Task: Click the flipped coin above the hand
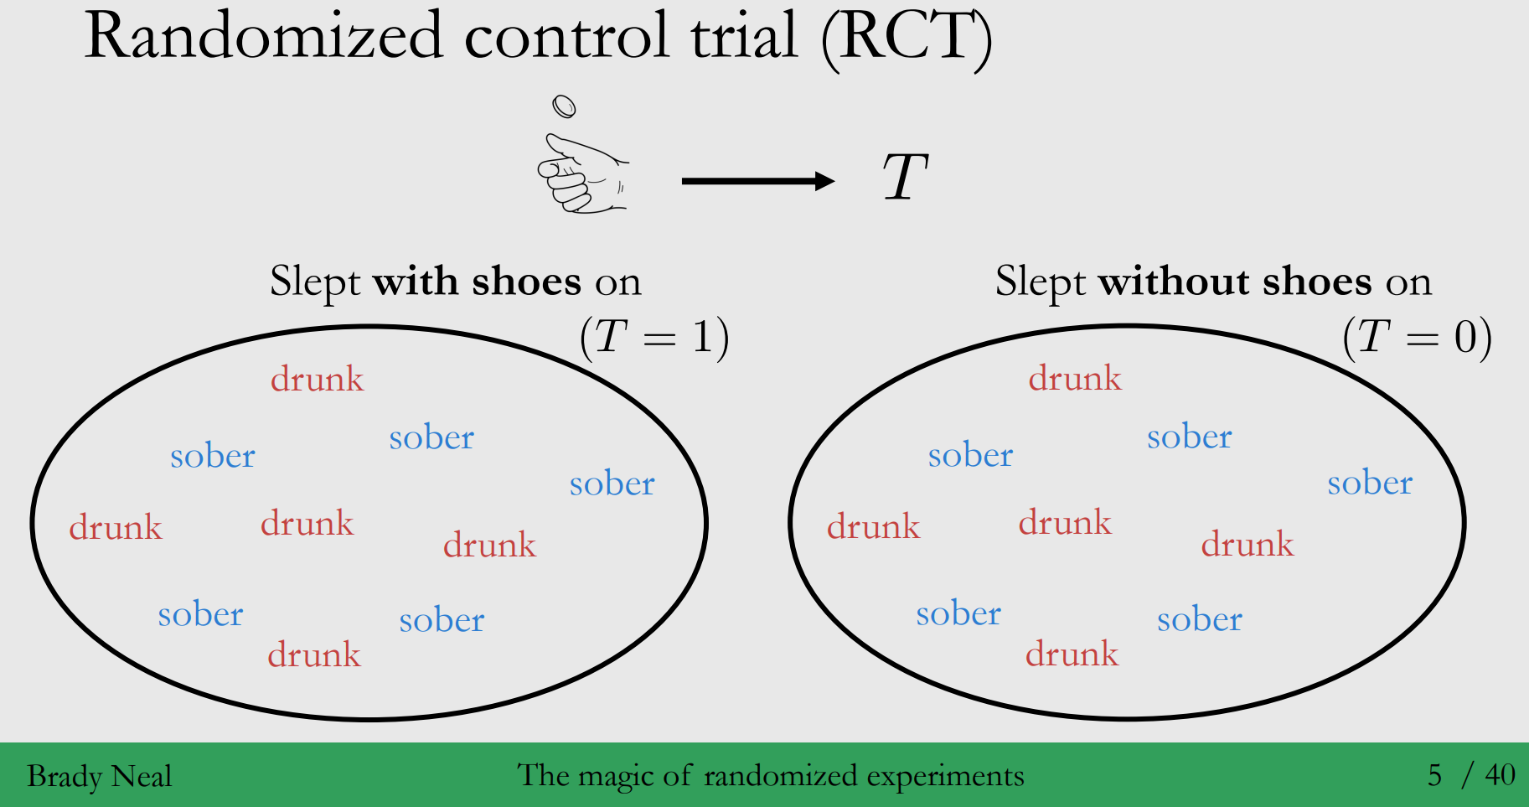point(564,106)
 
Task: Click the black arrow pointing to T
point(757,181)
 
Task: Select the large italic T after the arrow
point(905,178)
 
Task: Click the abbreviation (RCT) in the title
point(907,37)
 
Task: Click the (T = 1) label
point(654,338)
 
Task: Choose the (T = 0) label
point(1417,338)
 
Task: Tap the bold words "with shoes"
point(477,282)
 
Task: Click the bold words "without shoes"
point(1235,282)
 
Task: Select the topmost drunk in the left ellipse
point(317,379)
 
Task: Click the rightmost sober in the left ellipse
point(612,484)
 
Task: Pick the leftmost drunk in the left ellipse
point(116,527)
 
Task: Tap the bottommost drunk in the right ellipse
point(1072,654)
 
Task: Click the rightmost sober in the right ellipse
point(1370,483)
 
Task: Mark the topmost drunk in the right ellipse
point(1075,378)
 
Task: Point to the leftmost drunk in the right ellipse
point(873,526)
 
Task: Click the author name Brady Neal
point(99,776)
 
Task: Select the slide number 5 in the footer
point(1434,775)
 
